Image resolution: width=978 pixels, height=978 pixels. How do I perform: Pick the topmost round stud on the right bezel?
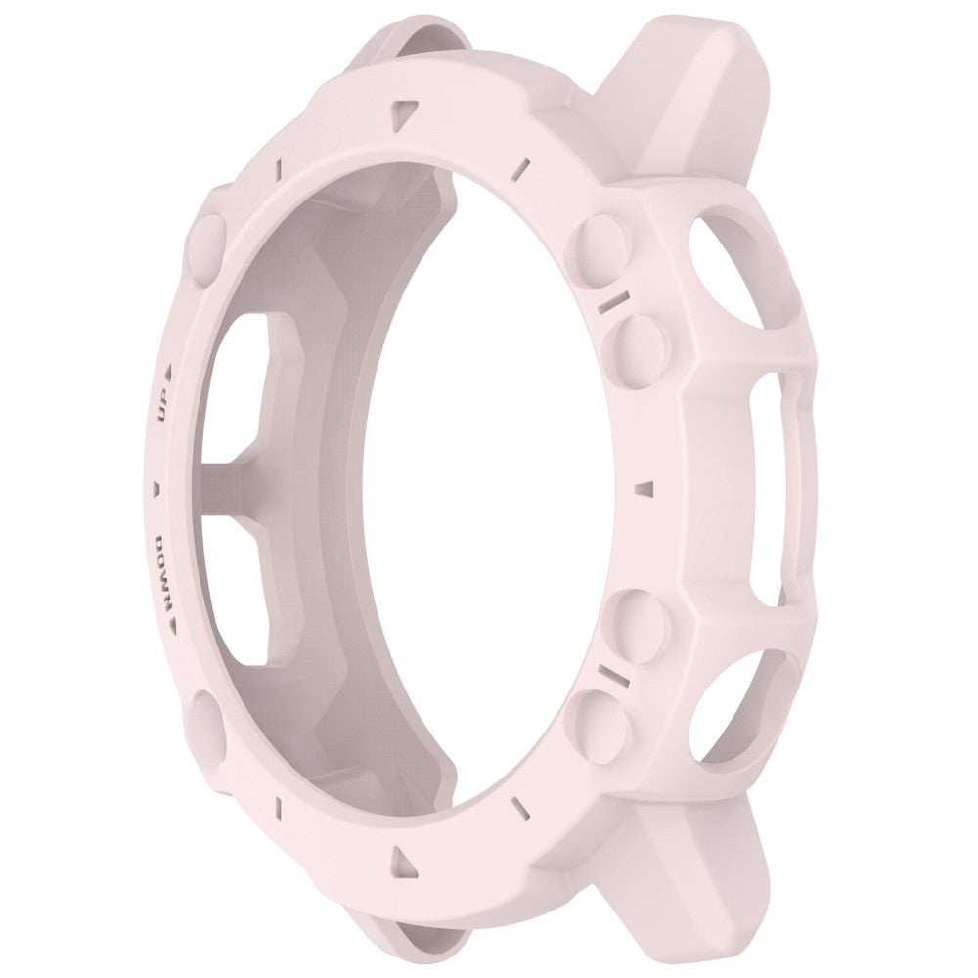click(598, 239)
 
